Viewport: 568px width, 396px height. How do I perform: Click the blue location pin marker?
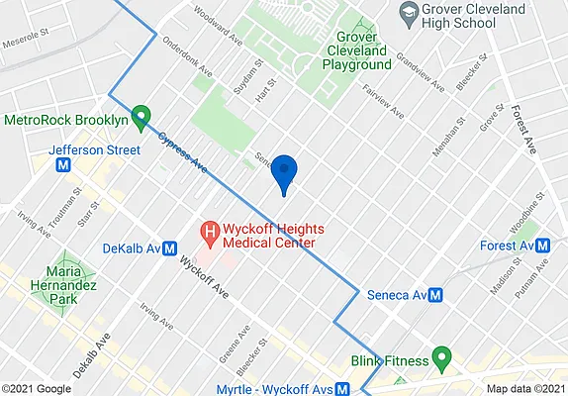[x=285, y=172]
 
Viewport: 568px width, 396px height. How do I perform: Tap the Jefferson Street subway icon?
[x=64, y=166]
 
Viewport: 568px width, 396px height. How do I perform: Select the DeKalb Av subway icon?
[x=169, y=248]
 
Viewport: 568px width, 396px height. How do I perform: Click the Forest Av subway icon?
[x=543, y=246]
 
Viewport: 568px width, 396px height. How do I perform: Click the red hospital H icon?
[x=209, y=234]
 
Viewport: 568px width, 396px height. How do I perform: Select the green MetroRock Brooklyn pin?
[x=141, y=117]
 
